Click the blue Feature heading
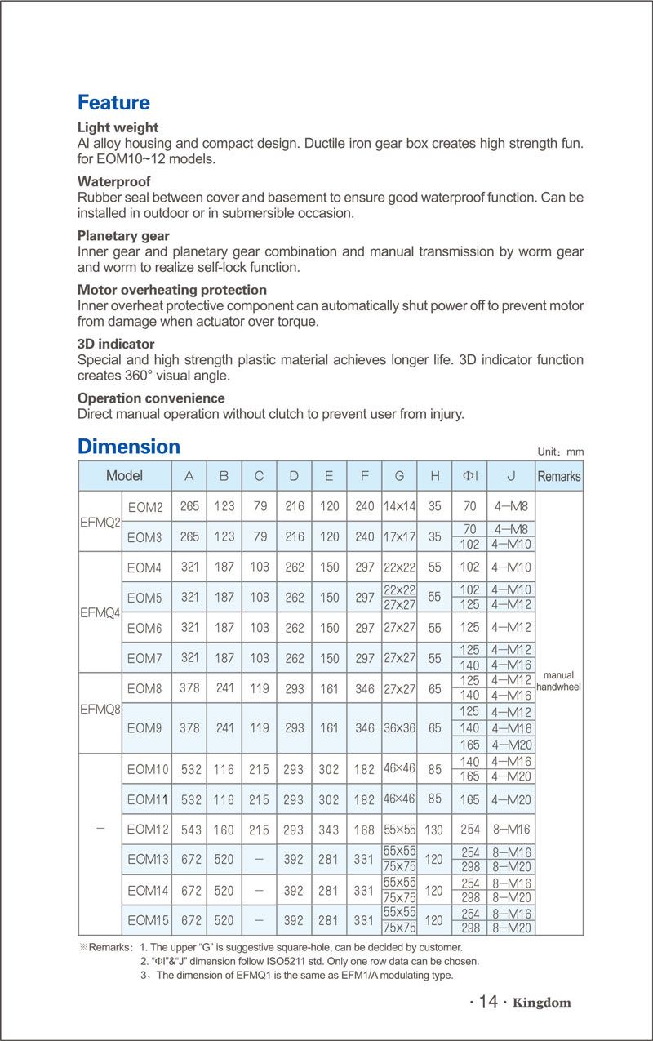tap(113, 103)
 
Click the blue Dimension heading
tap(128, 447)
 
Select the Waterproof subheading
tap(113, 181)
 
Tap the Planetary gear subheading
tap(123, 236)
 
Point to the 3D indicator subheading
tap(115, 344)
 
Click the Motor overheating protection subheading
tap(171, 290)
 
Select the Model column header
tap(124, 475)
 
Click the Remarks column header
tap(559, 476)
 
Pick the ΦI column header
tap(470, 476)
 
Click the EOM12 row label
tap(148, 830)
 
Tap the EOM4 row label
tap(144, 567)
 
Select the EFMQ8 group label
tap(100, 710)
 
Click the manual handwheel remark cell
tap(559, 681)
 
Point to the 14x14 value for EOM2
tap(399, 506)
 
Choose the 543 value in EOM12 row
tap(189, 830)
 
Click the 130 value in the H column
tap(434, 830)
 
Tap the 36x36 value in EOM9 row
tap(399, 727)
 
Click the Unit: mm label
tap(561, 452)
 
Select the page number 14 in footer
tap(488, 1002)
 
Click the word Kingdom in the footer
tap(542, 1003)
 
